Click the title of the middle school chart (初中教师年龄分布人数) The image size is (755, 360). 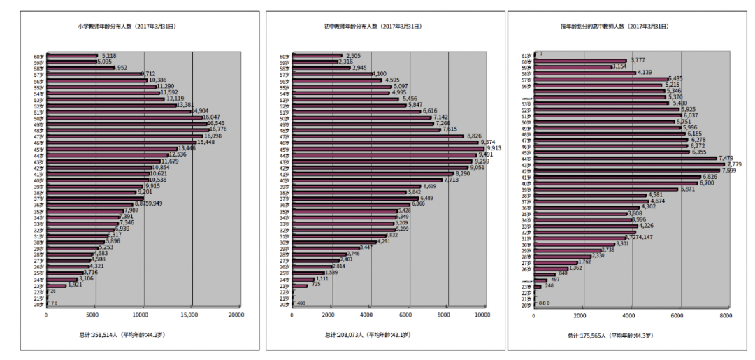coord(372,27)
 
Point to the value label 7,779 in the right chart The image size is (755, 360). coord(734,164)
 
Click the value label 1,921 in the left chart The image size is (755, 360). coord(75,285)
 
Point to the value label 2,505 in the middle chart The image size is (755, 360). coord(353,56)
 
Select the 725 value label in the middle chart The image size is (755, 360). coord(315,285)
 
